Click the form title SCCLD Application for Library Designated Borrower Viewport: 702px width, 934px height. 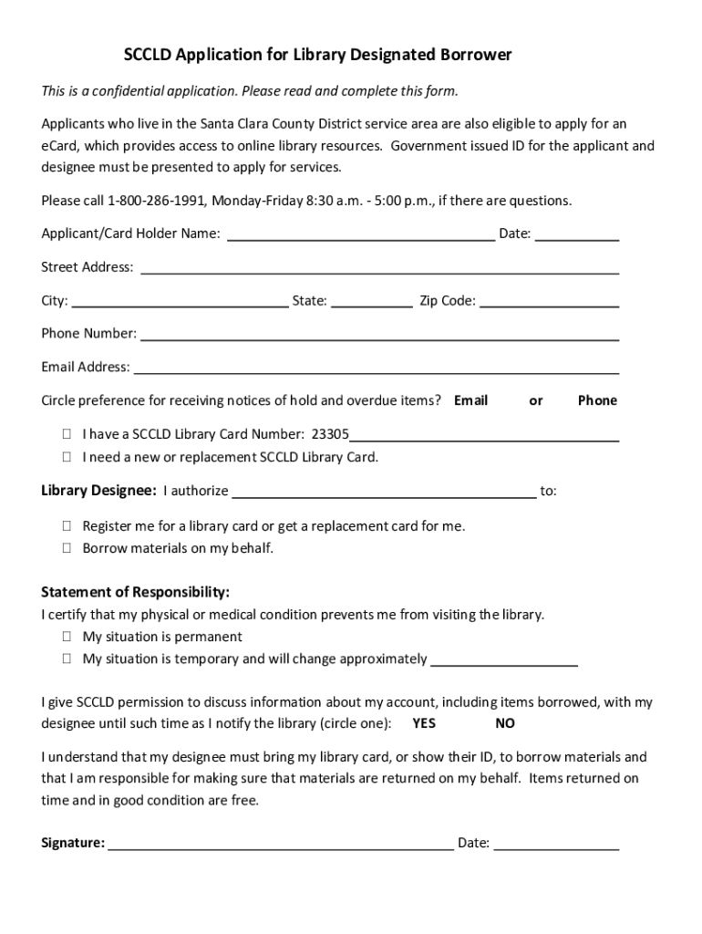click(317, 56)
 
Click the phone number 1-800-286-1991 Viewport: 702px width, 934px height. click(158, 201)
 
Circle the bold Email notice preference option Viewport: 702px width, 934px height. click(470, 400)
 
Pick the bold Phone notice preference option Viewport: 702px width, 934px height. click(597, 400)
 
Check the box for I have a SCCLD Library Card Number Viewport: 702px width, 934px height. click(67, 435)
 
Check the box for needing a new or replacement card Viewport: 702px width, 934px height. click(67, 457)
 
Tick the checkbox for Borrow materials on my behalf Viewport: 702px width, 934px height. click(67, 549)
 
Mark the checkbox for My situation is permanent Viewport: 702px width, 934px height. click(67, 637)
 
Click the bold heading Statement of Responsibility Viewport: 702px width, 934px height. click(135, 592)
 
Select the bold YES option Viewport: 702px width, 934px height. click(424, 723)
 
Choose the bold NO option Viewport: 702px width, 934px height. click(505, 723)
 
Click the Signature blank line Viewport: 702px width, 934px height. click(281, 844)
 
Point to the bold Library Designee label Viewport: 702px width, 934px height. click(98, 491)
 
